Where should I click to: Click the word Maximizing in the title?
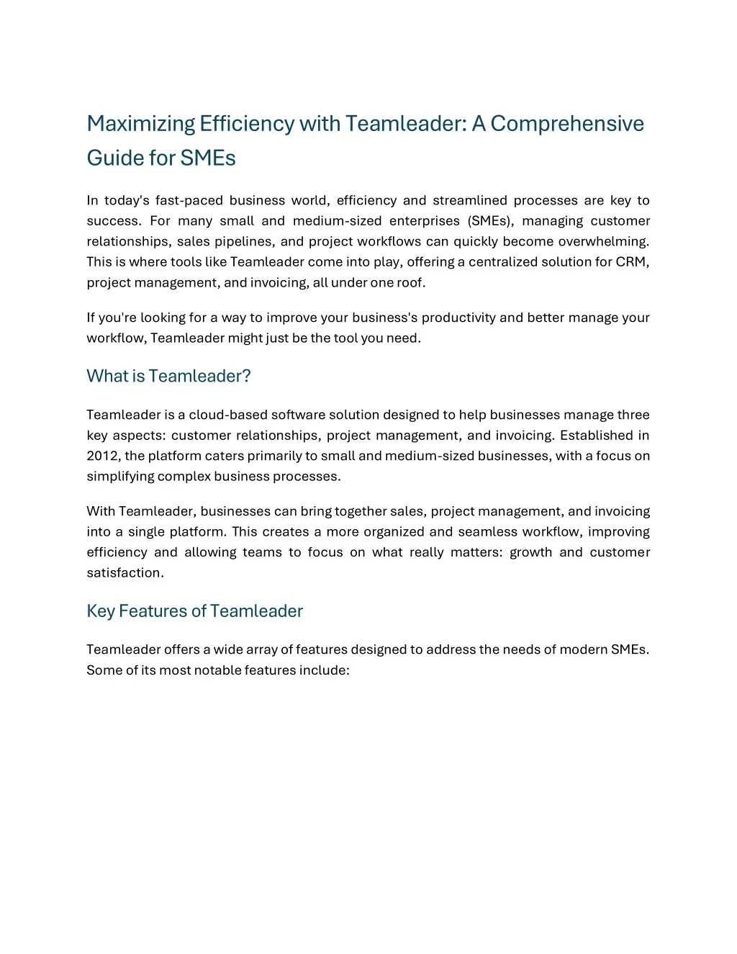pyautogui.click(x=141, y=124)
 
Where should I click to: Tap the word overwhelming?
pyautogui.click(x=604, y=241)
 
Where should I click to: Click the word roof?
pyautogui.click(x=411, y=282)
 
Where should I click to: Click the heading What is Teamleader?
pyautogui.click(x=168, y=376)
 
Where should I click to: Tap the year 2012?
pyautogui.click(x=103, y=456)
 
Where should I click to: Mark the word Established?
pyautogui.click(x=597, y=435)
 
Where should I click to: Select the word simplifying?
pyautogui.click(x=120, y=476)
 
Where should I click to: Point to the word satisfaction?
pyautogui.click(x=125, y=572)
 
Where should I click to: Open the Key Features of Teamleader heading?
pyautogui.click(x=194, y=611)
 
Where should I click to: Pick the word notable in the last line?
pyautogui.click(x=217, y=670)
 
